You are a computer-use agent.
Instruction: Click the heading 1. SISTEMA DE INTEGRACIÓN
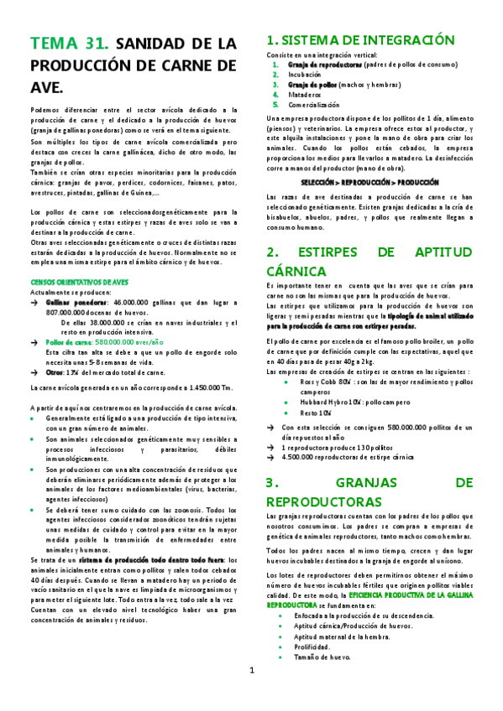coord(359,40)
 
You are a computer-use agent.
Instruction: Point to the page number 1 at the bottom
coord(251,694)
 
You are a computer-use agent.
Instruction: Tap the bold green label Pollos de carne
coord(68,343)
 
